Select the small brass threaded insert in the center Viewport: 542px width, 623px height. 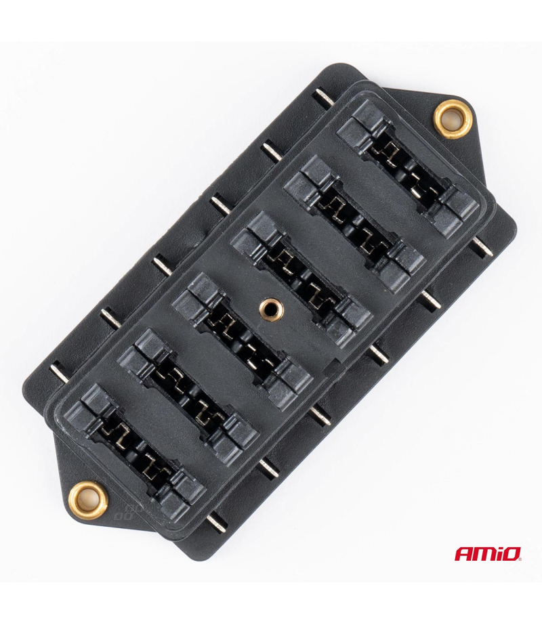click(x=270, y=308)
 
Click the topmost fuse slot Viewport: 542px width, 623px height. click(x=408, y=168)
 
